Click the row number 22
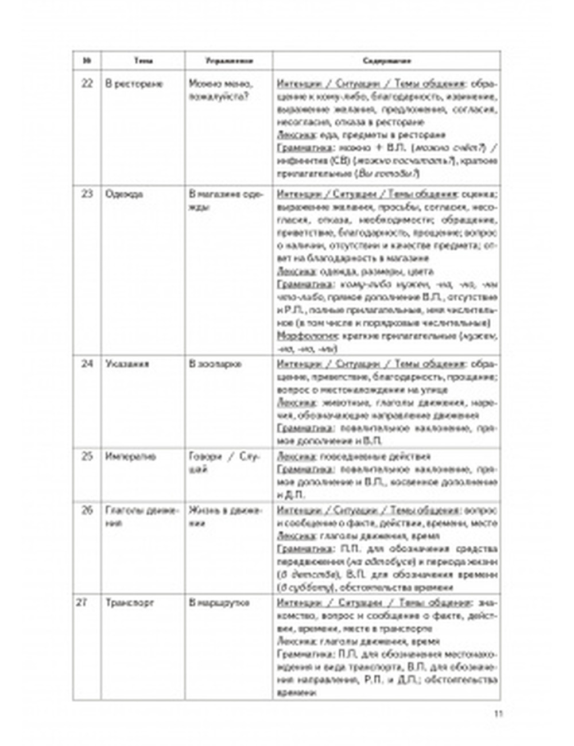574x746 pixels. [87, 84]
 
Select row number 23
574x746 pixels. [87, 194]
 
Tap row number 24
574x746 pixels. [87, 364]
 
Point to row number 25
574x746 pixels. [87, 457]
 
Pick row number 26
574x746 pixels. [87, 511]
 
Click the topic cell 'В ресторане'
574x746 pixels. [134, 84]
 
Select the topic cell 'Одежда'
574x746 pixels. [124, 194]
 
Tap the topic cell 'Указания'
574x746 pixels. [127, 364]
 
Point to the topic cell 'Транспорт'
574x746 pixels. [130, 603]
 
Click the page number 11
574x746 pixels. [498, 714]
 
